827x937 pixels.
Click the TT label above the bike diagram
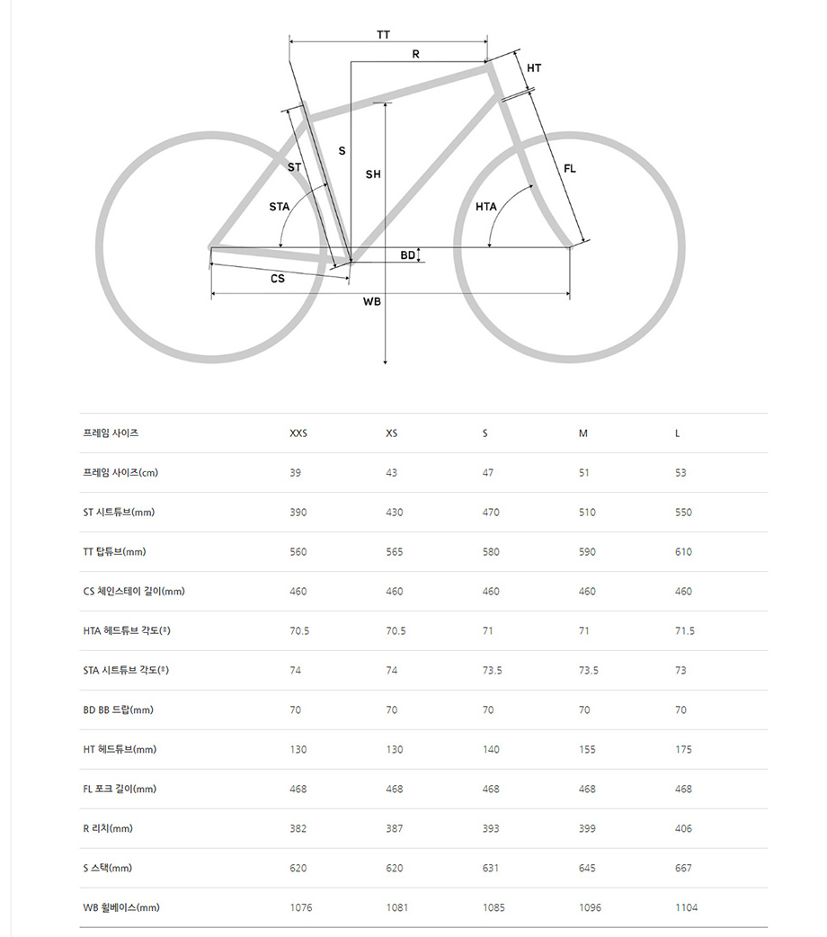coord(384,34)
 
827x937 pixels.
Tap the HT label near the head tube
coord(534,68)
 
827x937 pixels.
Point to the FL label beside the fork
coord(570,168)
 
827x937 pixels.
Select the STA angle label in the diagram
coord(280,207)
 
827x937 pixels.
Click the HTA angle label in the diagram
coord(486,207)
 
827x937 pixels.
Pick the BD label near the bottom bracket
coord(408,255)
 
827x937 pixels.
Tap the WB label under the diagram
coord(372,301)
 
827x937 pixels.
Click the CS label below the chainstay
coord(278,279)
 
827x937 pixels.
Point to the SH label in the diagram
coord(373,174)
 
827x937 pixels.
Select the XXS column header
coord(298,433)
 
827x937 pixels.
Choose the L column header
coord(678,433)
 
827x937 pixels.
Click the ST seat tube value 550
coord(683,513)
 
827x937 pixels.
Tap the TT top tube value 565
coord(395,552)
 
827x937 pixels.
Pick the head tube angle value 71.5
coord(685,631)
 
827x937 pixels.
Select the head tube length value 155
coord(587,750)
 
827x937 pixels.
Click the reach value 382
coord(298,829)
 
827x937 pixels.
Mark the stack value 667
coord(683,869)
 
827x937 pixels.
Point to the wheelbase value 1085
coord(494,908)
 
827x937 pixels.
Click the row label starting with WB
coord(120,908)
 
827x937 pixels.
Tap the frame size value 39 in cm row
coord(296,473)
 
